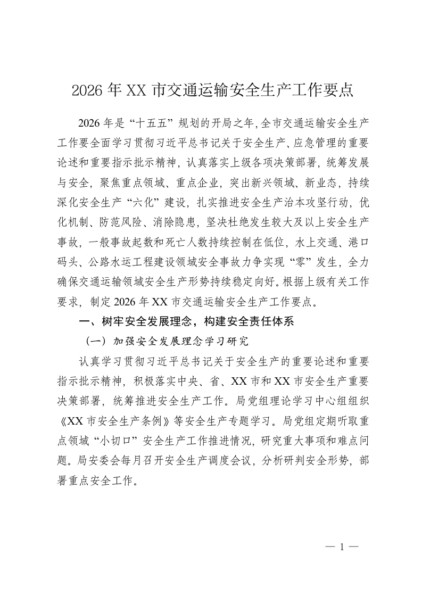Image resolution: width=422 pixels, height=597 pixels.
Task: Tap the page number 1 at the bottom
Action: (342, 546)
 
